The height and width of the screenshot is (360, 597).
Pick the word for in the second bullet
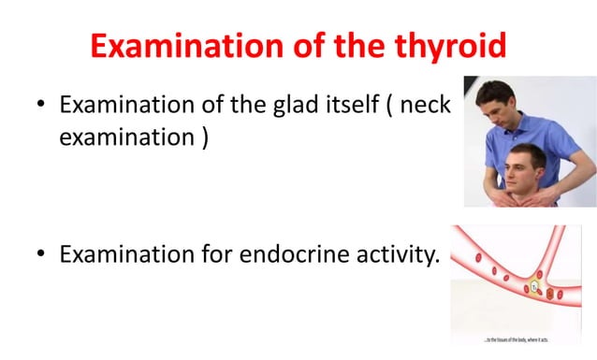pyautogui.click(x=211, y=253)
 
